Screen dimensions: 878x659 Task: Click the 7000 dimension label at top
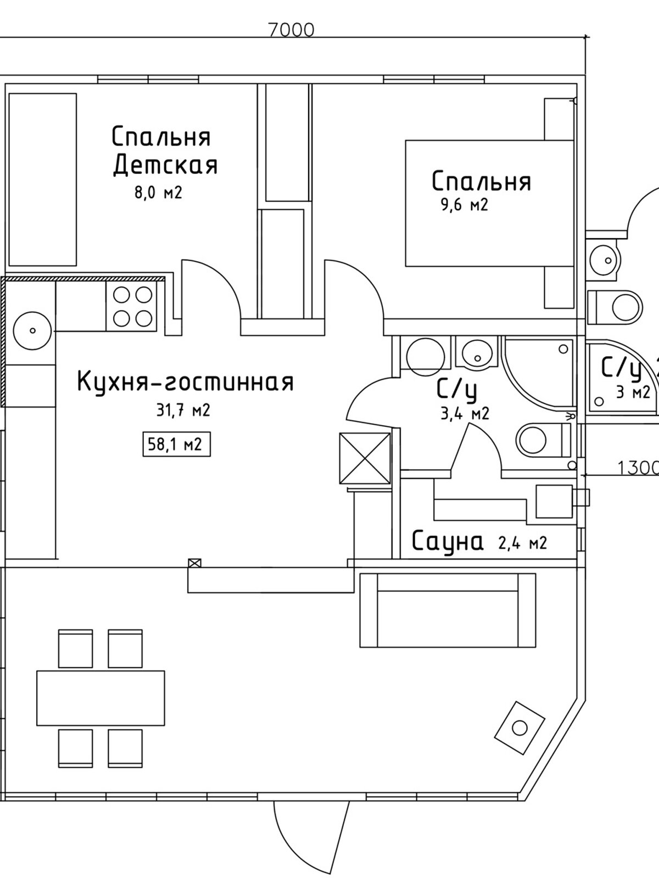292,30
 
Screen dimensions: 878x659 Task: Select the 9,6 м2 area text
463,206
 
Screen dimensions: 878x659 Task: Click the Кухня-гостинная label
186,381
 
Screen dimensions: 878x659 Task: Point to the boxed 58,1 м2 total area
176,444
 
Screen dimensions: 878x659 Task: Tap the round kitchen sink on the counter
32,331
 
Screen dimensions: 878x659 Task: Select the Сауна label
448,542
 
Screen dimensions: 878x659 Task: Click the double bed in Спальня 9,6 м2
489,204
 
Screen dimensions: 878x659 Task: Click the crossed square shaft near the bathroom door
365,459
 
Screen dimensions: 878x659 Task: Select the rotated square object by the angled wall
519,728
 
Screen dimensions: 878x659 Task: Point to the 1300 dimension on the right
637,468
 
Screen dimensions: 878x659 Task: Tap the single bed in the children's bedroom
42,179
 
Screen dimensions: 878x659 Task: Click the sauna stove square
554,502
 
